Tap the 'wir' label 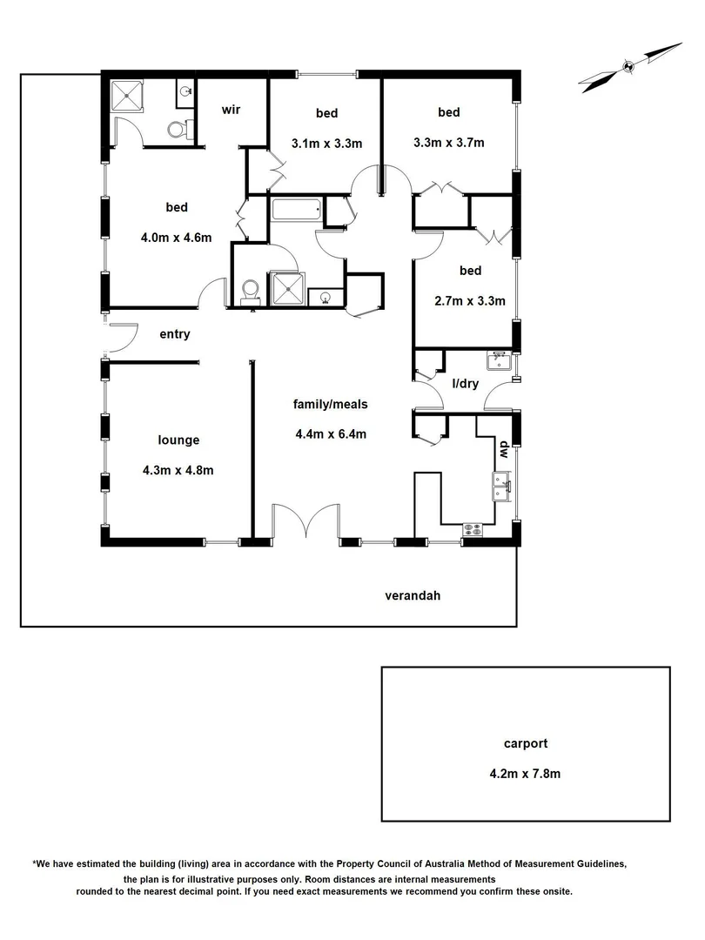pyautogui.click(x=231, y=110)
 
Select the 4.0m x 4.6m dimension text pyautogui.click(x=177, y=238)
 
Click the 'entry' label pyautogui.click(x=174, y=334)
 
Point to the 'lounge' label pyautogui.click(x=178, y=440)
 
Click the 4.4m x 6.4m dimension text pyautogui.click(x=331, y=434)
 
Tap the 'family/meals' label pyautogui.click(x=330, y=404)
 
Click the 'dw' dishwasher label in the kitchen pyautogui.click(x=503, y=448)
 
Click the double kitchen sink pyautogui.click(x=502, y=486)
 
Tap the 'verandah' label pyautogui.click(x=413, y=596)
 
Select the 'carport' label pyautogui.click(x=526, y=744)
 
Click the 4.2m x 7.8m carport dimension pyautogui.click(x=526, y=772)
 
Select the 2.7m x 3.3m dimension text pyautogui.click(x=470, y=301)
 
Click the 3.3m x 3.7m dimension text pyautogui.click(x=448, y=143)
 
